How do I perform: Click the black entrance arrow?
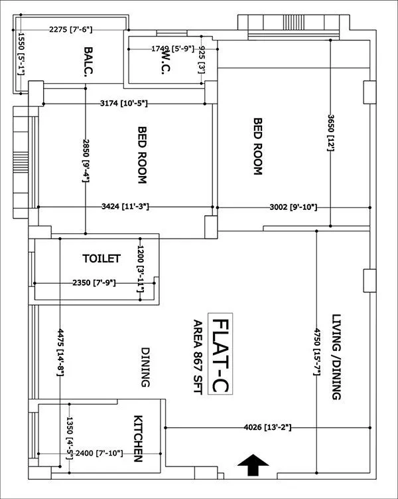coord(253,465)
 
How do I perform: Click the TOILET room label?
coord(101,258)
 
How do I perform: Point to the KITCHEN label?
coord(139,439)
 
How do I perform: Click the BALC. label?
coord(88,62)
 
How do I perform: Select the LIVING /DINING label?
coord(336,357)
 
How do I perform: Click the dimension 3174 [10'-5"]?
coord(123,104)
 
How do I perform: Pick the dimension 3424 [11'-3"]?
coord(125,207)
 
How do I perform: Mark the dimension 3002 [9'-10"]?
coord(293,207)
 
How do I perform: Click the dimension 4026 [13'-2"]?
coord(268,427)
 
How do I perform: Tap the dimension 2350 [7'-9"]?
coord(94,283)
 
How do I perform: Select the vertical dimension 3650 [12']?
coord(330,132)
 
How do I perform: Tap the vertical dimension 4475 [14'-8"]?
coord(60,352)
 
